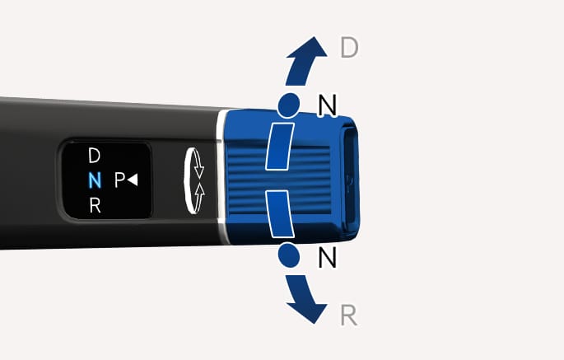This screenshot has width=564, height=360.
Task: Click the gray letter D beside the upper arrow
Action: (349, 48)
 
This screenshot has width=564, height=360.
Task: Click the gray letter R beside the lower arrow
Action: (348, 316)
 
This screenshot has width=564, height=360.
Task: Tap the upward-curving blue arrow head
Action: (309, 48)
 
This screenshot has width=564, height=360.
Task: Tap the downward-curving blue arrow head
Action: (308, 312)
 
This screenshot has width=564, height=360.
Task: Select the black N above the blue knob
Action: (328, 105)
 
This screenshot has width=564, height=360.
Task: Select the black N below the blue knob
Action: (328, 257)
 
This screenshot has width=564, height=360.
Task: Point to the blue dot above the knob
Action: (289, 105)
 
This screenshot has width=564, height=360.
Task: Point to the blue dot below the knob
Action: (289, 255)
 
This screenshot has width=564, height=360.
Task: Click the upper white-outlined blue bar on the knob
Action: (280, 146)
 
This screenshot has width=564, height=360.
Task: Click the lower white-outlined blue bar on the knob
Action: (280, 214)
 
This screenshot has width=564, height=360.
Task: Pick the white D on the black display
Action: (94, 156)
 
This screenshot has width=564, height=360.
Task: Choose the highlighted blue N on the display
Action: (95, 180)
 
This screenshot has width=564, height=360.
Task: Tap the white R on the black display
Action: (95, 206)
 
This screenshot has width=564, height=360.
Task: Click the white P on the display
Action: (119, 180)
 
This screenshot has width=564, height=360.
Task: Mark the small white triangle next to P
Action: (133, 180)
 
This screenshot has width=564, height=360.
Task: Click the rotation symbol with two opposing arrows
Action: (193, 180)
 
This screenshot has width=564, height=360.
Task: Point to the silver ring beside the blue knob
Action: (221, 177)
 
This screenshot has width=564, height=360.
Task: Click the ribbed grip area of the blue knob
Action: (279, 180)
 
